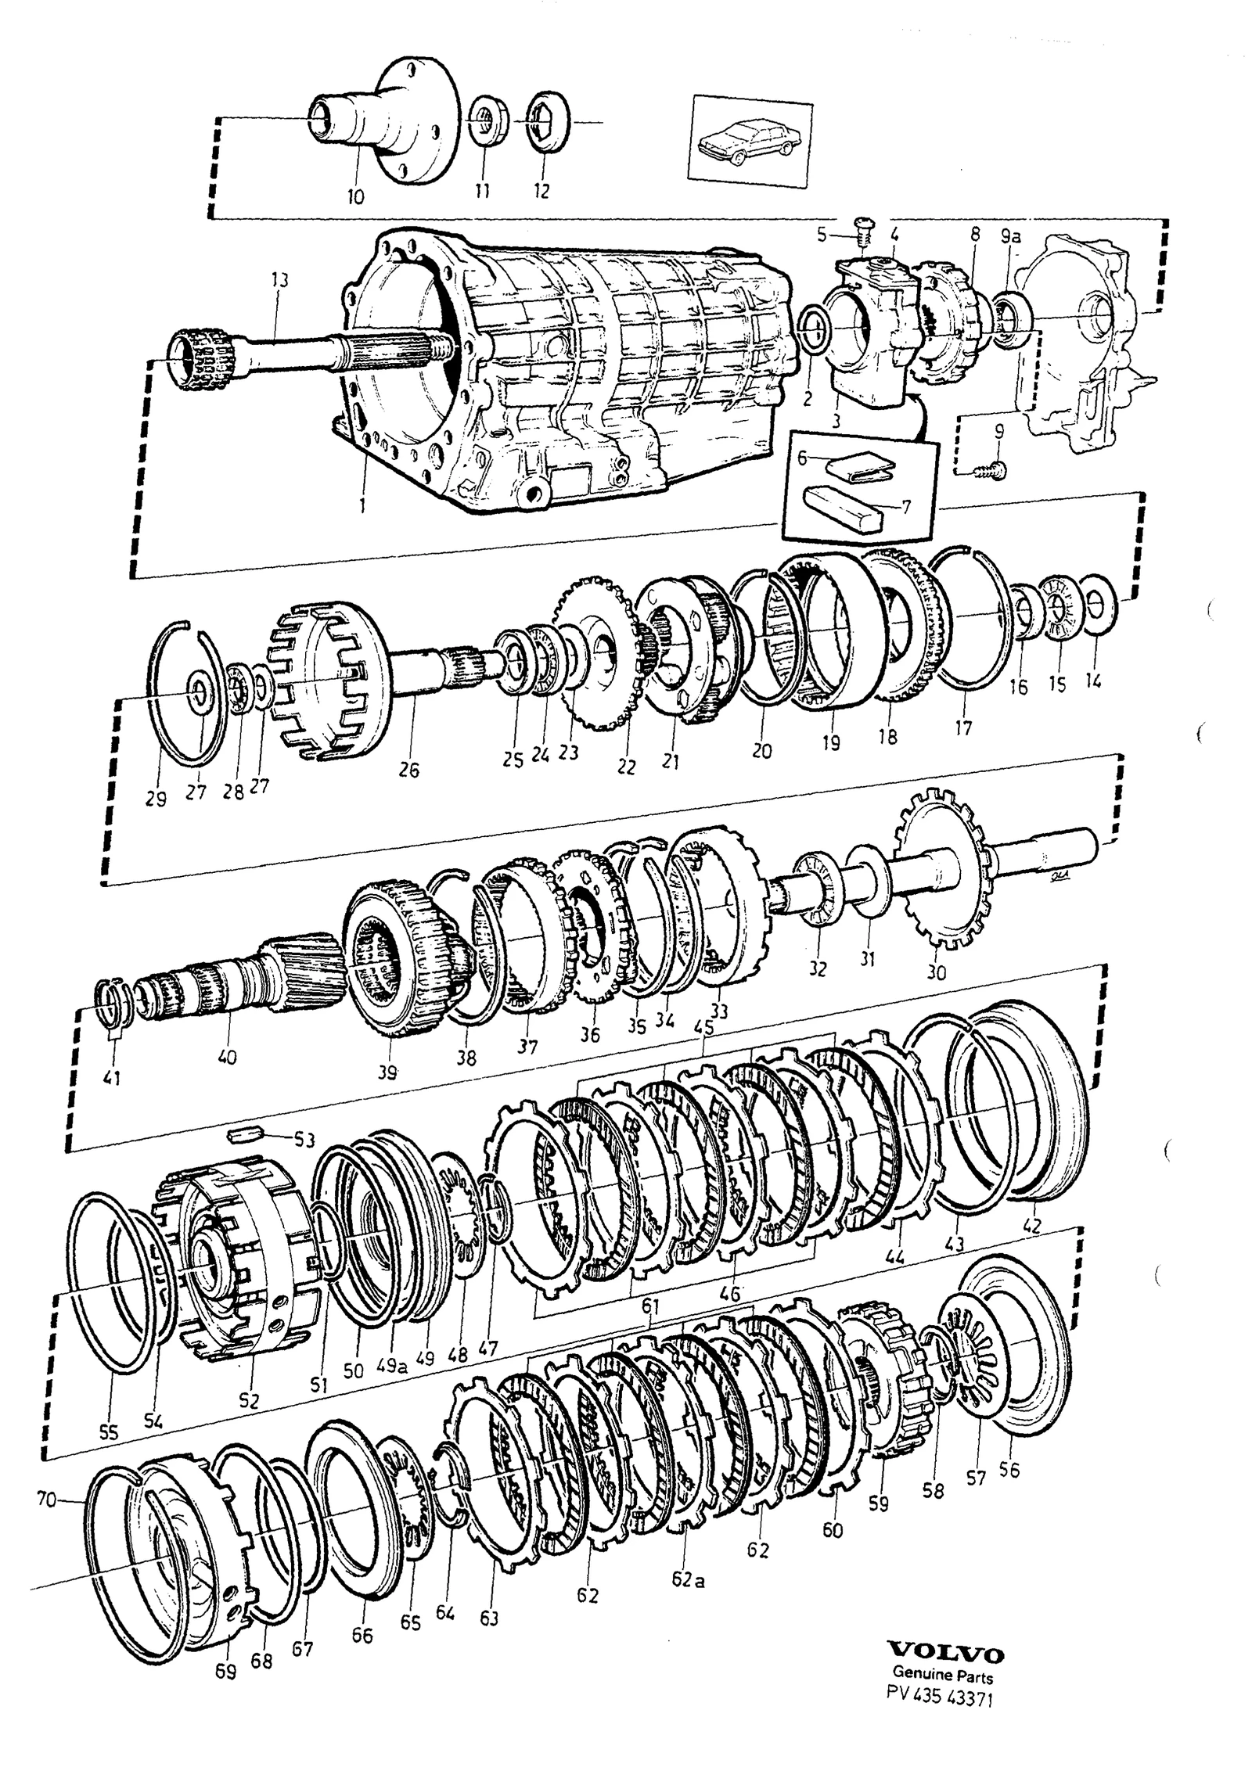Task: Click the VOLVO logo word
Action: [945, 1692]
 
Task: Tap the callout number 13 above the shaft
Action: [279, 281]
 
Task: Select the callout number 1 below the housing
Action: [362, 506]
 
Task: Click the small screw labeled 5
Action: [863, 228]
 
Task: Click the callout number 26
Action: [408, 771]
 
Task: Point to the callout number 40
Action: [227, 1058]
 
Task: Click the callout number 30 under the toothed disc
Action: [936, 972]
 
